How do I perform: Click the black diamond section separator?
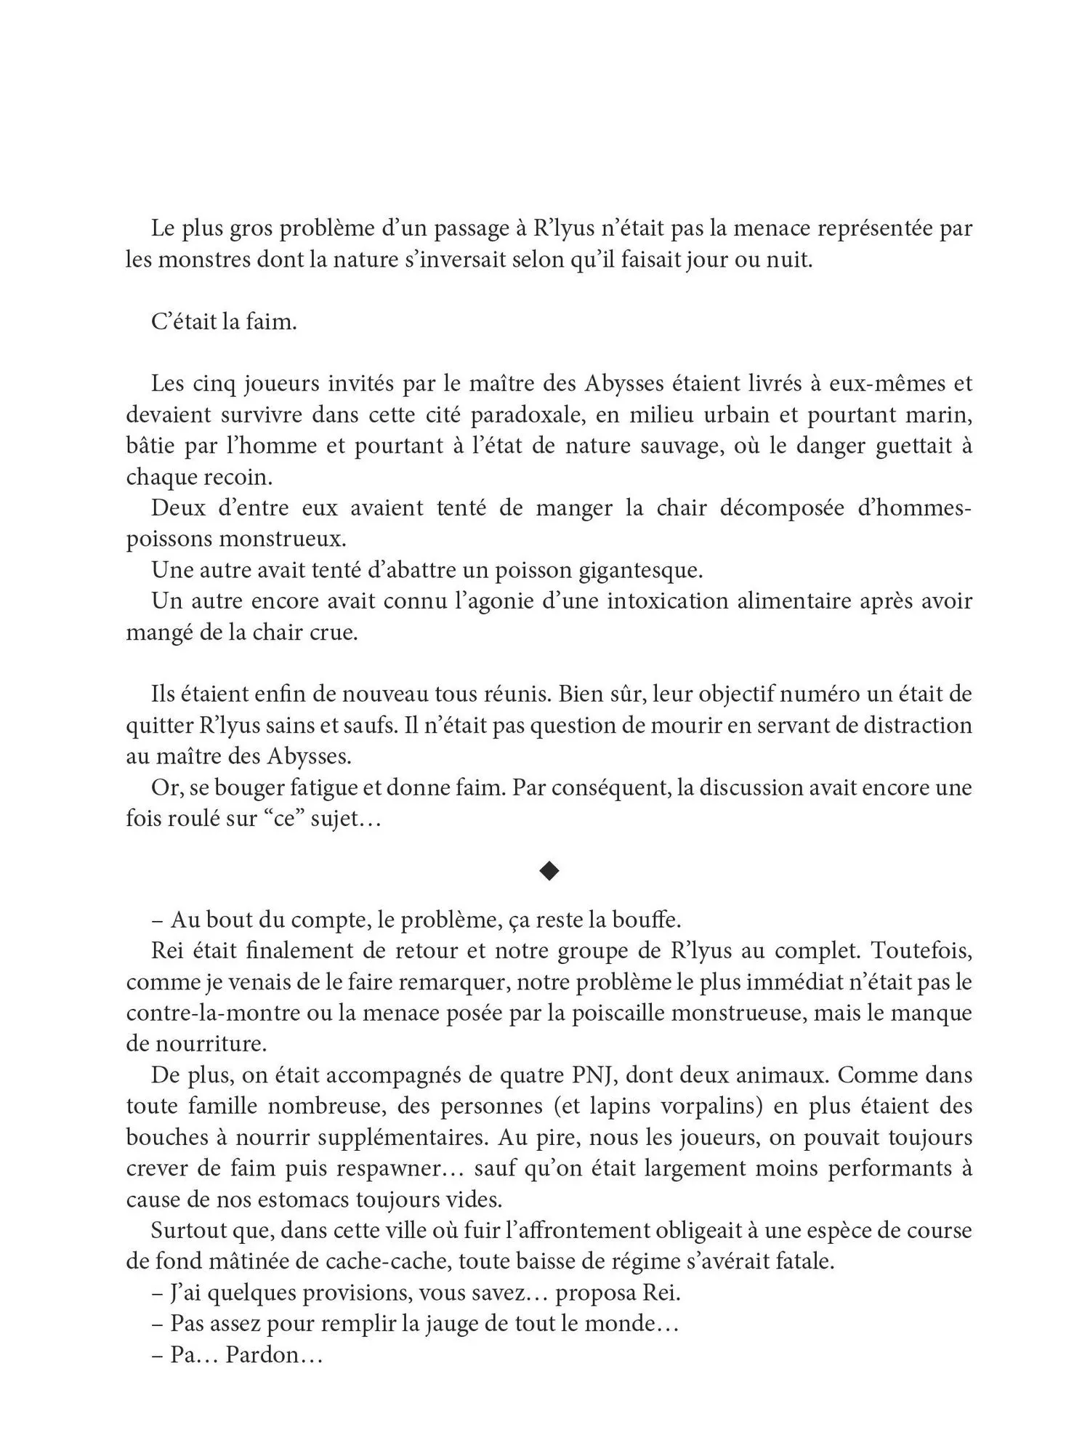[x=549, y=870]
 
